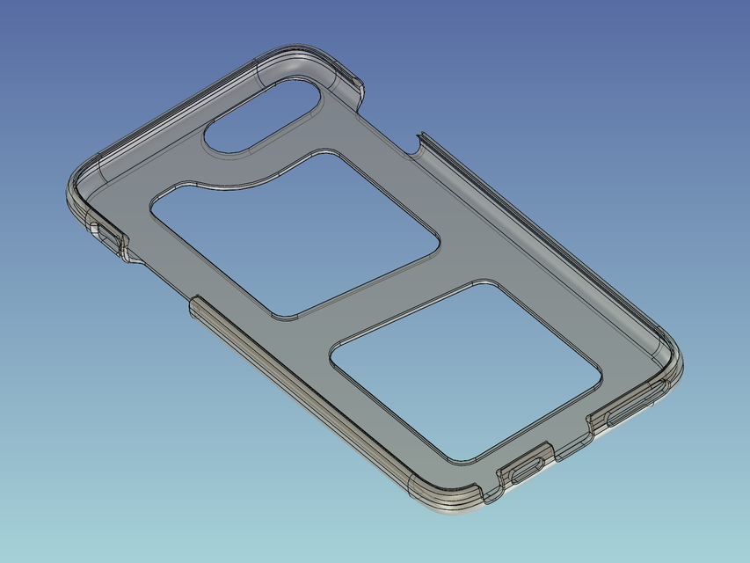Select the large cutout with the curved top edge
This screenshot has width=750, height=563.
(x=295, y=233)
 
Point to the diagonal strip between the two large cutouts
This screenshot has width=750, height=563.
(x=387, y=290)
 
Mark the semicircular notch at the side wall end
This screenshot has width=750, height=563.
(x=415, y=143)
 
